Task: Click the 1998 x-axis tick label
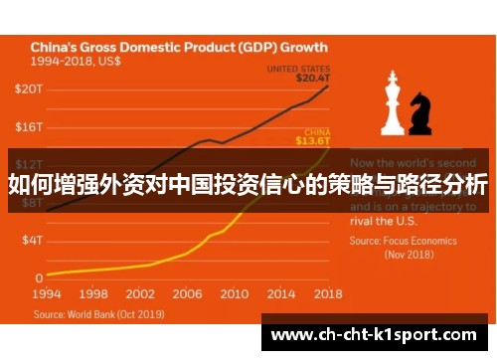(x=94, y=295)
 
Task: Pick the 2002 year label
(x=141, y=295)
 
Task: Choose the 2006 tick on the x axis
(x=188, y=295)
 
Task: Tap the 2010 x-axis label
(x=235, y=295)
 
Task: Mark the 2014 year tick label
(x=281, y=295)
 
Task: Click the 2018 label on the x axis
(x=327, y=295)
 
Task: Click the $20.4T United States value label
(x=311, y=77)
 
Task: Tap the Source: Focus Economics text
(x=403, y=241)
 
